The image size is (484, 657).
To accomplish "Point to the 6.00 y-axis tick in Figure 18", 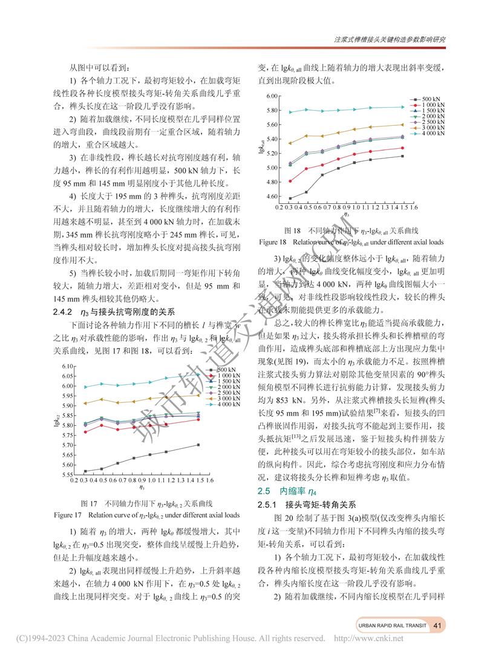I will (271, 96).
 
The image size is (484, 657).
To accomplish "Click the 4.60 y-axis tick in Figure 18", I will (271, 197).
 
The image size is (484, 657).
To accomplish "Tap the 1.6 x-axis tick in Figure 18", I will (414, 207).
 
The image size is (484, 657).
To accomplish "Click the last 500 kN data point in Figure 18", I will (402, 156).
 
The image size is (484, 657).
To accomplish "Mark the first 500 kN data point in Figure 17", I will (86, 471).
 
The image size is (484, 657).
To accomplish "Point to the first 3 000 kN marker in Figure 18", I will (290, 143).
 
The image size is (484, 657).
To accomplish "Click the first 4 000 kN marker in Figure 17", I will (86, 387).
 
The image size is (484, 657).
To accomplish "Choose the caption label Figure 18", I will (272, 241).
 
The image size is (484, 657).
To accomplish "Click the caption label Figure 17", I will (67, 515).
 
